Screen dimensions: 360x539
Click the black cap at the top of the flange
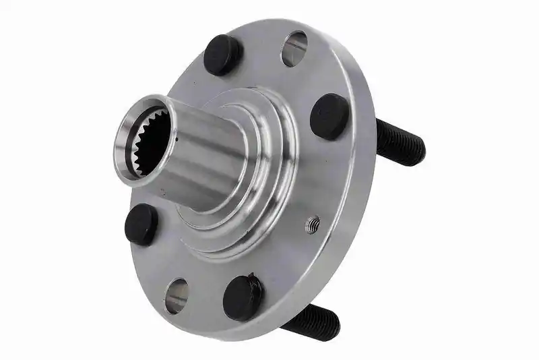point(223,55)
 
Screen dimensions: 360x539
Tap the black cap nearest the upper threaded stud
point(329,116)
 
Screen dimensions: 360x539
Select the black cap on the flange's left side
point(141,224)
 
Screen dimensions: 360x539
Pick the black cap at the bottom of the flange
point(243,297)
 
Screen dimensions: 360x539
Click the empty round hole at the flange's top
point(294,49)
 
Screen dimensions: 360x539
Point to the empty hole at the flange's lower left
point(177,295)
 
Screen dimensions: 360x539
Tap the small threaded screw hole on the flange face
point(312,224)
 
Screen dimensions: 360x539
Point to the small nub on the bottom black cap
point(251,276)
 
